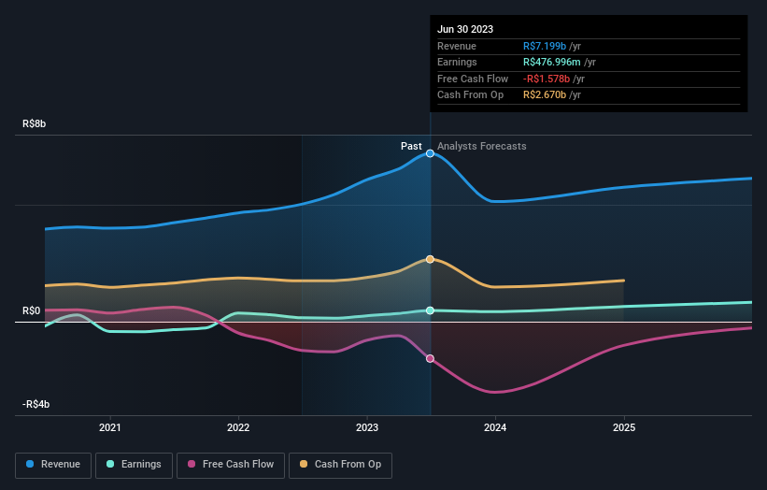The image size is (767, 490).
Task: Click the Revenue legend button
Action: pyautogui.click(x=53, y=464)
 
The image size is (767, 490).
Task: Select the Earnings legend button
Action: pyautogui.click(x=135, y=464)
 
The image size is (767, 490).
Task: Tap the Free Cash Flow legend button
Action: pyautogui.click(x=229, y=464)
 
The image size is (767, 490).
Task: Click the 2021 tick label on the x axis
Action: pyautogui.click(x=110, y=427)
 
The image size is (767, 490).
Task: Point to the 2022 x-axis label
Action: pyautogui.click(x=238, y=427)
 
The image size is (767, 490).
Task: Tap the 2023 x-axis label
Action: pyautogui.click(x=367, y=427)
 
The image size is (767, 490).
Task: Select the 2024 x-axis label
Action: pyautogui.click(x=495, y=427)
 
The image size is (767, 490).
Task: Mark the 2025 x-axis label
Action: pyautogui.click(x=624, y=427)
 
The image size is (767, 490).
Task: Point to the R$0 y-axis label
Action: pyautogui.click(x=32, y=310)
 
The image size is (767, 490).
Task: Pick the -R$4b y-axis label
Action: pyautogui.click(x=38, y=404)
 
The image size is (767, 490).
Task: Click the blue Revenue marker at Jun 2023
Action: pyautogui.click(x=430, y=152)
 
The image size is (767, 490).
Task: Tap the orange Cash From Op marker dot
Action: pyautogui.click(x=430, y=259)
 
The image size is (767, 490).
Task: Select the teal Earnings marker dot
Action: pyautogui.click(x=430, y=310)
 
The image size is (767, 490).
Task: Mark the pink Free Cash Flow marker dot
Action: pyautogui.click(x=430, y=358)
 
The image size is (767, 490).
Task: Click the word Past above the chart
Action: pyautogui.click(x=411, y=146)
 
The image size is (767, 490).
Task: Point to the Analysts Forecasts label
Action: pyautogui.click(x=481, y=146)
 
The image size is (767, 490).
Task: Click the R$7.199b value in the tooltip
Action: pyautogui.click(x=545, y=46)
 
